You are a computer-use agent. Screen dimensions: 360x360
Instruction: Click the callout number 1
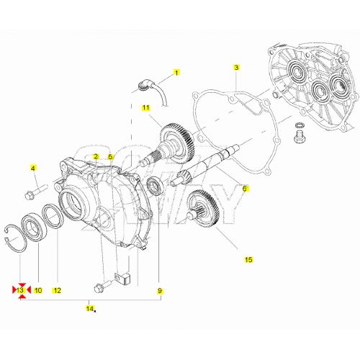pos(176,73)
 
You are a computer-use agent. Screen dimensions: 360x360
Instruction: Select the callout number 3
pos(235,68)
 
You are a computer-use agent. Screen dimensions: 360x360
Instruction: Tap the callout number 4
pos(32,168)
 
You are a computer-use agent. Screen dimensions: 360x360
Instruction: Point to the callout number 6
pos(244,189)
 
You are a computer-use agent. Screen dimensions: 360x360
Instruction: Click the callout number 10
pos(38,290)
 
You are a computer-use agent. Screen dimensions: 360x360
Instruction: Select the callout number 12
pos(57,290)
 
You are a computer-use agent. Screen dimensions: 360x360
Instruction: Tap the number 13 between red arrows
pos(21,290)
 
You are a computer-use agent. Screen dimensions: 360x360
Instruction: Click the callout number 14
pos(89,309)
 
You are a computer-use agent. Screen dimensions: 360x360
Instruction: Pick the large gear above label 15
pos(204,210)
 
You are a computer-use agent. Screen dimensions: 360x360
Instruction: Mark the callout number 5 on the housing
pos(111,156)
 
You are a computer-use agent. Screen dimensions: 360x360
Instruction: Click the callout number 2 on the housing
pos(96,156)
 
